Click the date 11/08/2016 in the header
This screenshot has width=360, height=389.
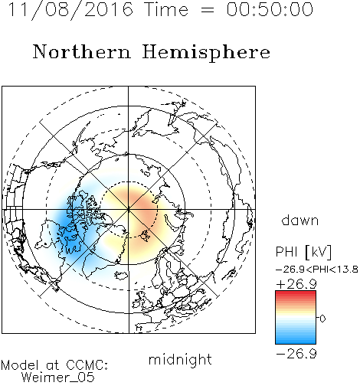(70, 10)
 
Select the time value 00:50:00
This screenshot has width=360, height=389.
(270, 9)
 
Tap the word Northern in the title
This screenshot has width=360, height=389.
(82, 51)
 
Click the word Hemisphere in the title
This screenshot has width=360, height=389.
(206, 53)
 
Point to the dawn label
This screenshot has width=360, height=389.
(300, 220)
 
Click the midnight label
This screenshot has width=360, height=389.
(180, 360)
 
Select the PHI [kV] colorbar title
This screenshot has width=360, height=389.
(304, 252)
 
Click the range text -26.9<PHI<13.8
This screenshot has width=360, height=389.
(317, 270)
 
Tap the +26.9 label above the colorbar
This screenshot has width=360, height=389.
(296, 284)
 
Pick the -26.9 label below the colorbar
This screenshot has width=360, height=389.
(296, 354)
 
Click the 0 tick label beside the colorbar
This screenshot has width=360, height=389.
(322, 319)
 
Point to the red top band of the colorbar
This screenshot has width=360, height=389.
(296, 293)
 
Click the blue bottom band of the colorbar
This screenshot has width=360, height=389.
(296, 342)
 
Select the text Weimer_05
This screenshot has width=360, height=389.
(58, 377)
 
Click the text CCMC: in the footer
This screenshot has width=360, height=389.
(87, 365)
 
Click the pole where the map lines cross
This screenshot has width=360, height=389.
(129, 210)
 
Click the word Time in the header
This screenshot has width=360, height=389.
(166, 9)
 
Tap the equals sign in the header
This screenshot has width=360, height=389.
(208, 10)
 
